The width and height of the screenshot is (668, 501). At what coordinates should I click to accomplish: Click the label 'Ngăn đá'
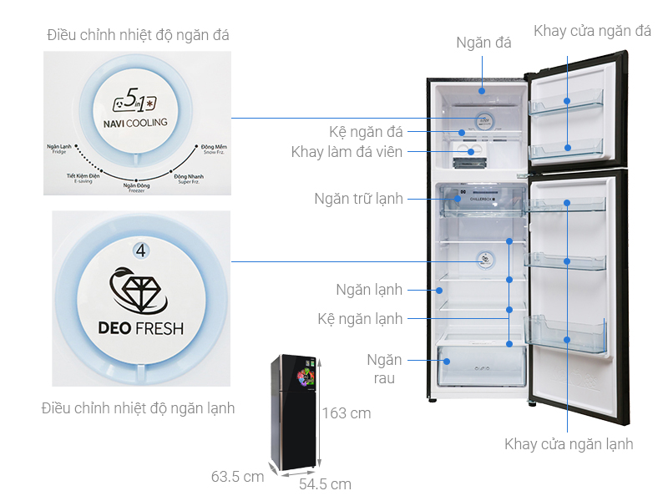click(483, 43)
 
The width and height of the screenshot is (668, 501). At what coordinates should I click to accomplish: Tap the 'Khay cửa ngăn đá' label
click(592, 32)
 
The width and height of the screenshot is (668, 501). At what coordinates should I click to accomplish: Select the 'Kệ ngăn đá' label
click(366, 132)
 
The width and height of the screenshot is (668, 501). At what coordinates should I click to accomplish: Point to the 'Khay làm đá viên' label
click(347, 152)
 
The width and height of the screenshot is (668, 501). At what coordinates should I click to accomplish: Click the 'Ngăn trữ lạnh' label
click(358, 199)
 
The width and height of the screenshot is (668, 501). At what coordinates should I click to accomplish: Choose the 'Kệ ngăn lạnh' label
click(360, 318)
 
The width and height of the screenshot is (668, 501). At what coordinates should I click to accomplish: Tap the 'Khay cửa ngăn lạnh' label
click(569, 443)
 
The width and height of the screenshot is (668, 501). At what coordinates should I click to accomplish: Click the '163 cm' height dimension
click(347, 412)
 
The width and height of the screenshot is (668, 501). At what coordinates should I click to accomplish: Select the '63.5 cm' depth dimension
click(237, 477)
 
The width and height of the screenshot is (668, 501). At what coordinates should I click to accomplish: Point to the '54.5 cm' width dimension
click(325, 483)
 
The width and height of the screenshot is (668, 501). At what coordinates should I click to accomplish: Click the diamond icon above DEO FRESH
click(140, 290)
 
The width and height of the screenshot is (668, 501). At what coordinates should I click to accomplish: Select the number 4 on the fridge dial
click(140, 250)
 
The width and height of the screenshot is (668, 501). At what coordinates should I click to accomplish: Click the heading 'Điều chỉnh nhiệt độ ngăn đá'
click(138, 35)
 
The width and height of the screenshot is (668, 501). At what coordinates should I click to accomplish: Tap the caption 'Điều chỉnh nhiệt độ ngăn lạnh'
click(138, 408)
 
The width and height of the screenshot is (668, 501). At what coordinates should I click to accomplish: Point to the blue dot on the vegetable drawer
click(448, 362)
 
